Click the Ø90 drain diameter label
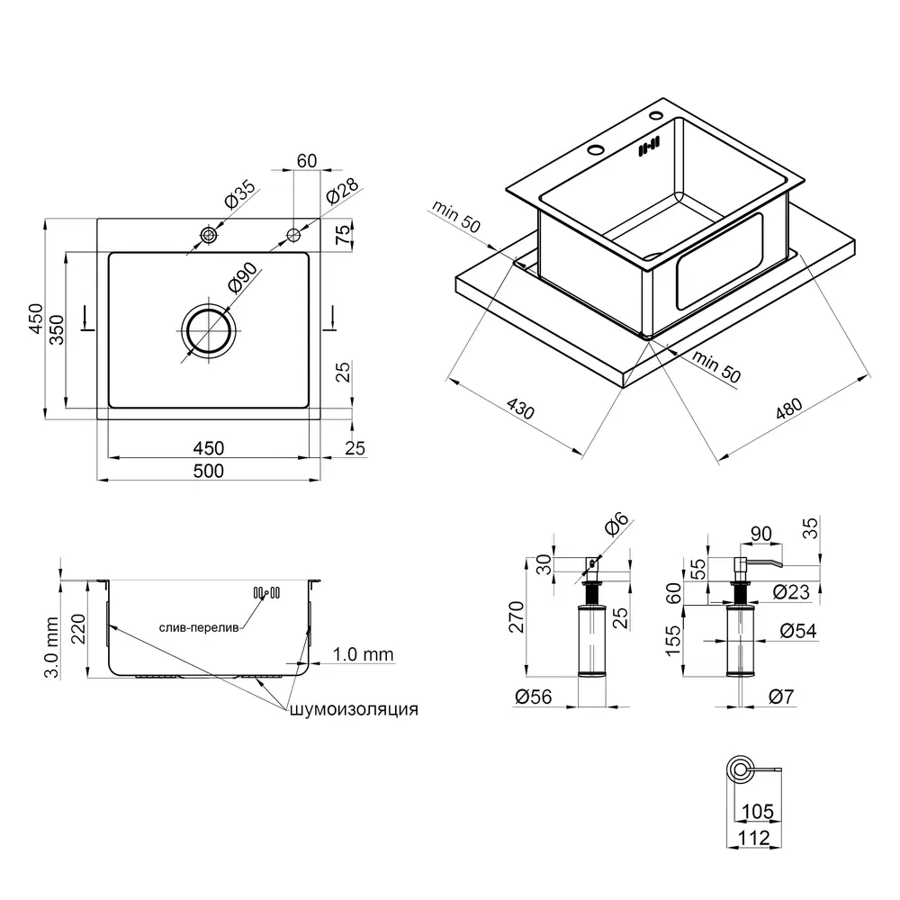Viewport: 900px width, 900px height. (x=241, y=277)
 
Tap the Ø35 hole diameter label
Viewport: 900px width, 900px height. (x=238, y=194)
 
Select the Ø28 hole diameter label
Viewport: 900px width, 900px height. (x=342, y=191)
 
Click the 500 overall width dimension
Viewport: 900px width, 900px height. (x=209, y=471)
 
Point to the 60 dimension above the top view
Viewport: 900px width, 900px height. (x=307, y=161)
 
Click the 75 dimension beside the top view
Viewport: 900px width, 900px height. (x=343, y=234)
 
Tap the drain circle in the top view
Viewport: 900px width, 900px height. (x=208, y=330)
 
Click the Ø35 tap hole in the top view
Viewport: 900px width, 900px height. (x=208, y=235)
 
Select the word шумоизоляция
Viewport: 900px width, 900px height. (x=354, y=709)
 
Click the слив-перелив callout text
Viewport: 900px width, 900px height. (x=199, y=628)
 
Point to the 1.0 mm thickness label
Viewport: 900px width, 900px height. (x=364, y=654)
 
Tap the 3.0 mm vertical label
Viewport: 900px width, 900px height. (x=51, y=647)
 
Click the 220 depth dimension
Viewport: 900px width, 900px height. (x=78, y=629)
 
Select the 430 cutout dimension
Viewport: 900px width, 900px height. (x=520, y=409)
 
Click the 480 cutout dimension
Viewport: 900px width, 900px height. (x=789, y=409)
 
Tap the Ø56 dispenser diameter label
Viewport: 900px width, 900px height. (x=533, y=697)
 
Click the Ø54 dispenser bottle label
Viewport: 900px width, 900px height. (x=798, y=631)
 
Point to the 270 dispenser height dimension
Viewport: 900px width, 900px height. (x=517, y=617)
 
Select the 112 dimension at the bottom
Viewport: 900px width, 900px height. (x=753, y=839)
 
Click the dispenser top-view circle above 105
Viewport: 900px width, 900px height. (x=740, y=769)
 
